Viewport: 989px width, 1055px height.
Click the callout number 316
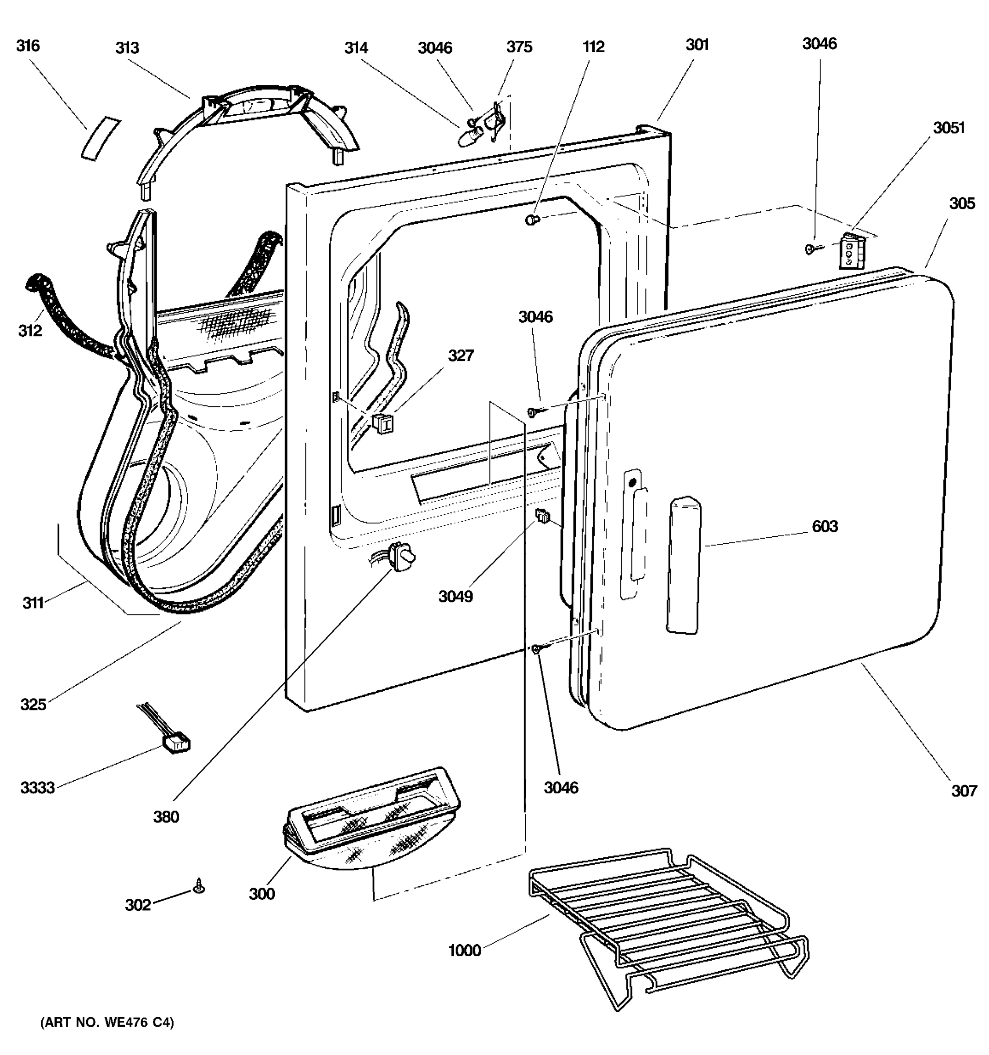coord(28,46)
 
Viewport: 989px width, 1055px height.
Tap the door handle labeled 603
coord(684,566)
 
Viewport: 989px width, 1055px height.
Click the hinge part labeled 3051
coord(851,251)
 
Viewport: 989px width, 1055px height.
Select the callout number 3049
coord(455,597)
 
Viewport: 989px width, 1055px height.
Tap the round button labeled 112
coord(531,219)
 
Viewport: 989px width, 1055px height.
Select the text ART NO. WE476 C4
coord(107,1022)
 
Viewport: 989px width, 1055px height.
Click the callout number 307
coord(964,791)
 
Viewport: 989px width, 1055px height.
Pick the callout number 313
coord(127,48)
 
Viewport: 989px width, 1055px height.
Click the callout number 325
coord(33,705)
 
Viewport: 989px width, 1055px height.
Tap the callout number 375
coord(519,47)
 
